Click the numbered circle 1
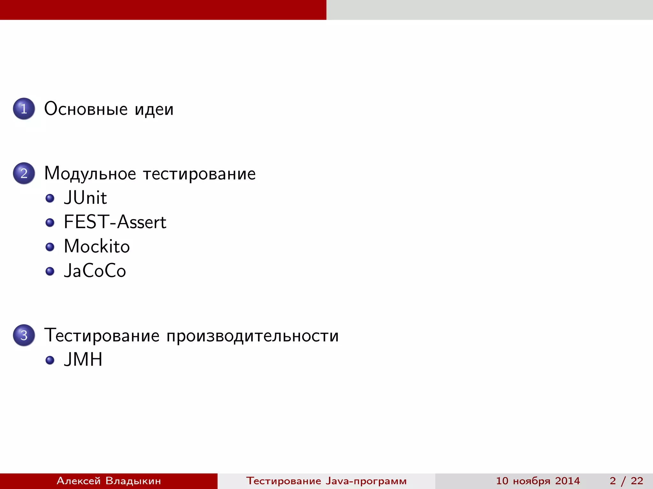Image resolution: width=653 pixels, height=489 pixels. click(x=24, y=109)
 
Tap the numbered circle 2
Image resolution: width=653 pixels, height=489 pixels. click(x=24, y=174)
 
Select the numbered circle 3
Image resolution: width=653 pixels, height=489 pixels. click(x=24, y=335)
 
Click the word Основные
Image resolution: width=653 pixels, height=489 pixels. click(x=86, y=109)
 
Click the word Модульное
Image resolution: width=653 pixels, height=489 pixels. click(x=90, y=174)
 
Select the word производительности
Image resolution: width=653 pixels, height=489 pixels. click(x=252, y=336)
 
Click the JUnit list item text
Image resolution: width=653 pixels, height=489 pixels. click(x=85, y=198)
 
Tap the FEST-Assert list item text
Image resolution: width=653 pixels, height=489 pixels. click(x=115, y=222)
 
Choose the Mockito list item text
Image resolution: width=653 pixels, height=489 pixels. click(x=97, y=246)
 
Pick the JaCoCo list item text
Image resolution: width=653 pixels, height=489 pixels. click(x=95, y=271)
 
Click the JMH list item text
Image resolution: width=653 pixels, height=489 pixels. click(x=83, y=359)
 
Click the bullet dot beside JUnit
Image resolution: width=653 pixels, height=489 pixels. click(x=50, y=198)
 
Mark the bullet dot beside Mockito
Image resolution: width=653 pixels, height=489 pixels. click(x=50, y=247)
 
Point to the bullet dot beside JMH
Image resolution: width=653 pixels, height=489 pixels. click(x=50, y=360)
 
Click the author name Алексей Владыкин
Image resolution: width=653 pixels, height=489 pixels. click(x=109, y=481)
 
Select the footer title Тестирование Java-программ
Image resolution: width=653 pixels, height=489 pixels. click(x=326, y=481)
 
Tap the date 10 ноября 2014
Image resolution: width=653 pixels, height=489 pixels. click(x=538, y=481)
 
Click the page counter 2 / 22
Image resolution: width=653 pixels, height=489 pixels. click(x=626, y=481)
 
